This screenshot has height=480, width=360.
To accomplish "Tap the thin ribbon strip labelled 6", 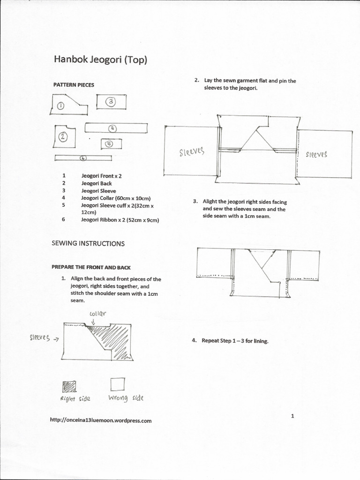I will click(x=83, y=158).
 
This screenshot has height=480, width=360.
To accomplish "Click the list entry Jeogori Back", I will click(x=96, y=183).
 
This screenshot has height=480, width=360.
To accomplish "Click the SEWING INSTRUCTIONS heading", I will click(x=88, y=243).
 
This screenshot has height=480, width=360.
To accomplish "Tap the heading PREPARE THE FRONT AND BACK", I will click(x=91, y=267).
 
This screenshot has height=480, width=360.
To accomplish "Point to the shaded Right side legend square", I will click(x=69, y=386).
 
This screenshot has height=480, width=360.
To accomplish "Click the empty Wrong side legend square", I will click(x=118, y=384).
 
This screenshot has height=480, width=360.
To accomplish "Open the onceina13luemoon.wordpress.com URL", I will click(x=100, y=420).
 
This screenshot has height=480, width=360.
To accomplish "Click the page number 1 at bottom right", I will click(x=292, y=415).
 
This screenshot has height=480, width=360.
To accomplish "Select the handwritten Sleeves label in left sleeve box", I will click(x=192, y=152).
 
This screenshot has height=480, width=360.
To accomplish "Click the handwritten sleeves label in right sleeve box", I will click(x=316, y=154).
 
